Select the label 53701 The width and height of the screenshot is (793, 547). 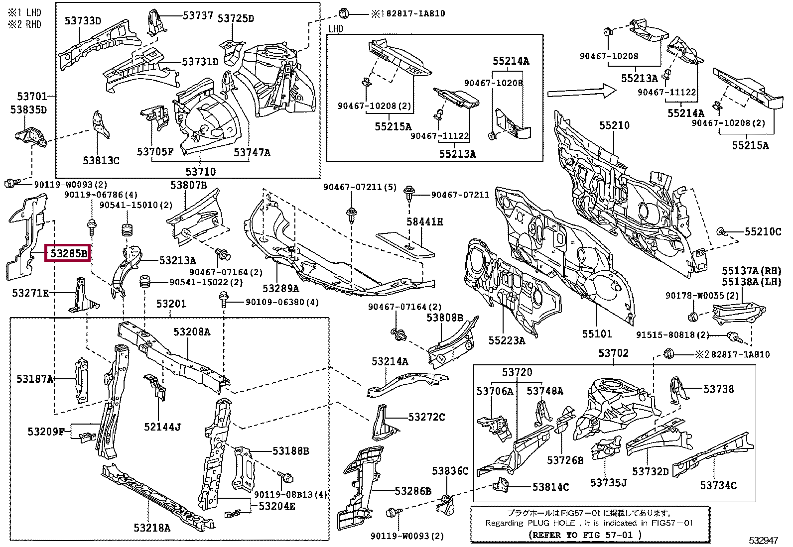[x=31, y=97]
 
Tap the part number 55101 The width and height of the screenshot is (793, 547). [x=597, y=333]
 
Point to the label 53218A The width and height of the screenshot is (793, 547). [x=151, y=528]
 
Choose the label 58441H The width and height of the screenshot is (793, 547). [x=424, y=222]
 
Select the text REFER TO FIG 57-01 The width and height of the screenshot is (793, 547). [x=584, y=535]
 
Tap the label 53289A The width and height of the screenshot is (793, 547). [x=280, y=288]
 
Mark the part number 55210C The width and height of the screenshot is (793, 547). [x=763, y=231]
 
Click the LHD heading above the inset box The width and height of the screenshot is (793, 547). [x=336, y=29]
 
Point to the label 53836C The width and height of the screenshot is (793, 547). [x=450, y=471]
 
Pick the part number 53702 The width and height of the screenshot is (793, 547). [x=613, y=353]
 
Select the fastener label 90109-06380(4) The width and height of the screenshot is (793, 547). [x=282, y=302]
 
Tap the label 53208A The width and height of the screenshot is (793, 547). [x=191, y=332]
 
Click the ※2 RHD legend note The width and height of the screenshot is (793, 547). [x=24, y=24]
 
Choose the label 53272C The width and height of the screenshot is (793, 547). [x=426, y=417]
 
